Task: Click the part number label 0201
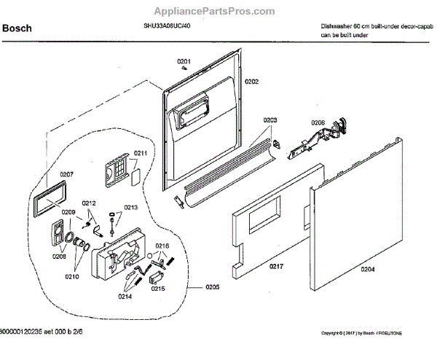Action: [x=184, y=60]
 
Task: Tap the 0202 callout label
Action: [x=251, y=82]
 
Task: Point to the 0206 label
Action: [x=318, y=122]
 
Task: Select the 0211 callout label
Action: [x=140, y=153]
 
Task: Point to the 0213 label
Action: [x=130, y=208]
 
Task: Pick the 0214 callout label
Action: [x=126, y=297]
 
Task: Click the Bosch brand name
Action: [x=15, y=30]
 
